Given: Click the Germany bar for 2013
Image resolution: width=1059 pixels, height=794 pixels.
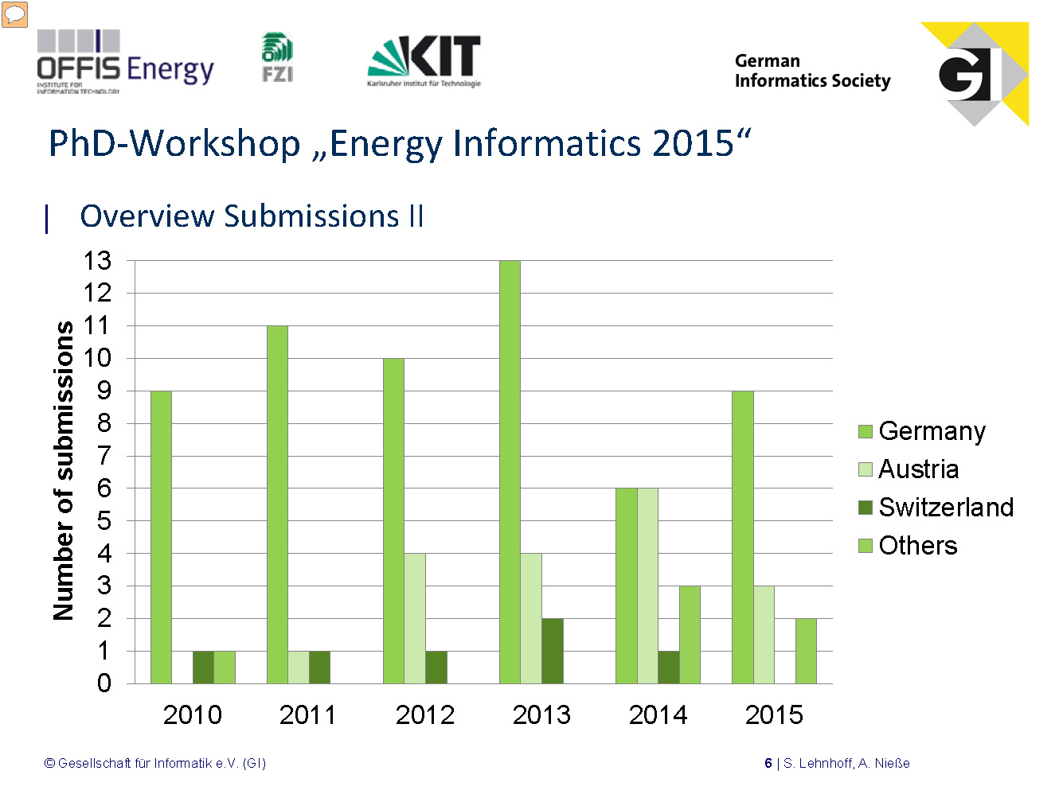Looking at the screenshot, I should [510, 472].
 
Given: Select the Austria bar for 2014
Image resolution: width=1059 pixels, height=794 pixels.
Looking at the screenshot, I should [647, 586].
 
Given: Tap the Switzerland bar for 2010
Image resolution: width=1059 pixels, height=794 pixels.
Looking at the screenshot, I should [203, 668].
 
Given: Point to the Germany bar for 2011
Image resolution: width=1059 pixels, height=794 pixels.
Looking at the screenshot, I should [277, 504].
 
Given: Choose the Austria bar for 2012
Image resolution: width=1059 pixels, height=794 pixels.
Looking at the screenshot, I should [415, 618].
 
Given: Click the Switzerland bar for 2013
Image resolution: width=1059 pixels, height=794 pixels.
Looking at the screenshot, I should [553, 651].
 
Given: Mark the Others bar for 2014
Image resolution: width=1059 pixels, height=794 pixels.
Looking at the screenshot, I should [690, 635].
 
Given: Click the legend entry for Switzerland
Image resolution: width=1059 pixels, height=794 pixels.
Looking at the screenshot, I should [936, 508].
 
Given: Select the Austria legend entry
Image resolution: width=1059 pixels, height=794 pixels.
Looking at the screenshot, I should [909, 469].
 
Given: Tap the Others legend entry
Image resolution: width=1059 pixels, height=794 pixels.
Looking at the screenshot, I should [909, 546].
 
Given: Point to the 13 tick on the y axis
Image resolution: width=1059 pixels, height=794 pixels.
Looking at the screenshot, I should [98, 260].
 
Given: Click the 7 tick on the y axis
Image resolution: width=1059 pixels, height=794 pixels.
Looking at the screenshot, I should [104, 456].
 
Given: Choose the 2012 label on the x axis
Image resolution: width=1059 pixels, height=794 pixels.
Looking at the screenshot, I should [425, 714].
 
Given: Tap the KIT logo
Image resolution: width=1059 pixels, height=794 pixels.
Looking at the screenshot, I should [424, 60].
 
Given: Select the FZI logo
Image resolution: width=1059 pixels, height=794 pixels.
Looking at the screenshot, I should [277, 57].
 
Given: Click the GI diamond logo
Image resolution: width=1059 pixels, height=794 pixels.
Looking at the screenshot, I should [975, 74].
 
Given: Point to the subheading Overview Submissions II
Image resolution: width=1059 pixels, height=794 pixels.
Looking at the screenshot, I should [252, 216].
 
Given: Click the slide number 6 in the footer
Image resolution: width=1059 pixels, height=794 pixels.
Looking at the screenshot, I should [768, 764].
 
